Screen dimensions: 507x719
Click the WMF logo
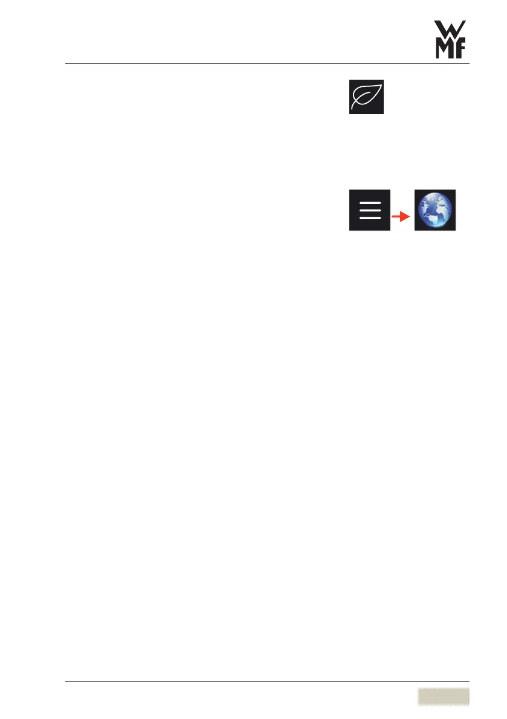453,39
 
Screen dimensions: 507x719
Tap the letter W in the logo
453,29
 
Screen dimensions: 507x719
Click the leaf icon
366,97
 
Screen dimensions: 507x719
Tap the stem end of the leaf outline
355,108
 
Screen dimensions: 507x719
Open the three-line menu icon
369,209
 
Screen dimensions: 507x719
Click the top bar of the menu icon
369,202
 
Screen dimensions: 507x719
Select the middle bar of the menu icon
369,209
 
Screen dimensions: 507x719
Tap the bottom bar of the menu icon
369,217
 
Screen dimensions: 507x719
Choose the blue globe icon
434,209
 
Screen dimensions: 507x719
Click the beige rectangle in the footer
443,696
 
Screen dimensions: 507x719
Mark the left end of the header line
66,63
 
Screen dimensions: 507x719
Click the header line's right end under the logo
469,63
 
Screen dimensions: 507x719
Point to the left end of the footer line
66,682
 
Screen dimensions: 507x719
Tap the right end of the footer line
469,682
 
